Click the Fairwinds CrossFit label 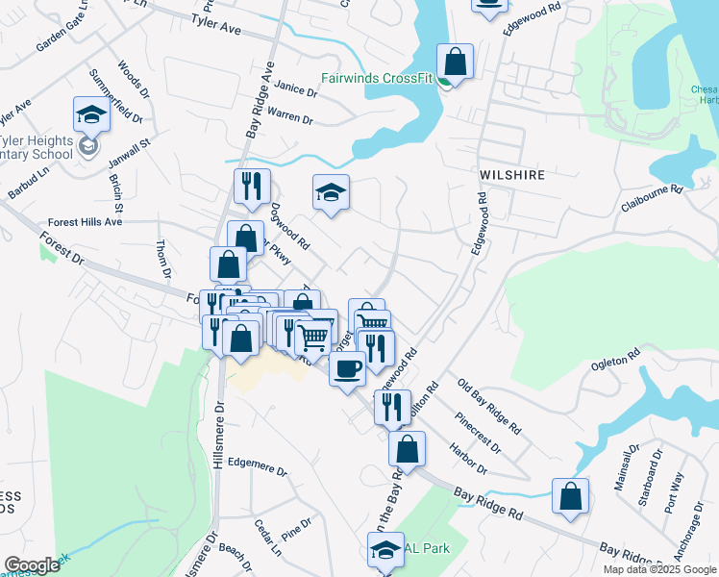pos(381,81)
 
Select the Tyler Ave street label pos(215,23)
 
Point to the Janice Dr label pos(295,89)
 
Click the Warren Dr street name pos(290,117)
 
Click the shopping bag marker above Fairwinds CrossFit pos(457,62)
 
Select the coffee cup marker pos(347,368)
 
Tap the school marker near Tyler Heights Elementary pos(91,114)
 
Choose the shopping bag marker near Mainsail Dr pos(571,496)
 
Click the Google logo pos(32,565)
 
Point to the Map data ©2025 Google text pos(659,569)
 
